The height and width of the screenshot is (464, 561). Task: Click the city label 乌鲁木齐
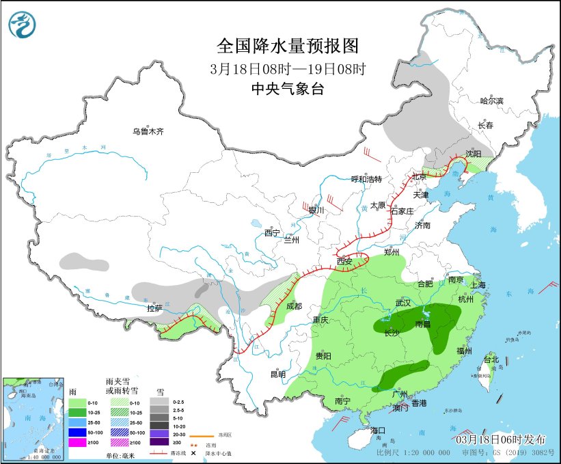[148, 131]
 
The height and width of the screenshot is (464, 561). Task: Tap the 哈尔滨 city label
[491, 101]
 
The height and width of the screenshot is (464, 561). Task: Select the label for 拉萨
[154, 308]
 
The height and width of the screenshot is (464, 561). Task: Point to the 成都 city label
[295, 306]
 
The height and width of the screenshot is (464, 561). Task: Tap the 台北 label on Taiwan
[491, 359]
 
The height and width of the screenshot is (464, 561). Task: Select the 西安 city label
[345, 262]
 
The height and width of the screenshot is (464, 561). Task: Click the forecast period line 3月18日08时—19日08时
[287, 68]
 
